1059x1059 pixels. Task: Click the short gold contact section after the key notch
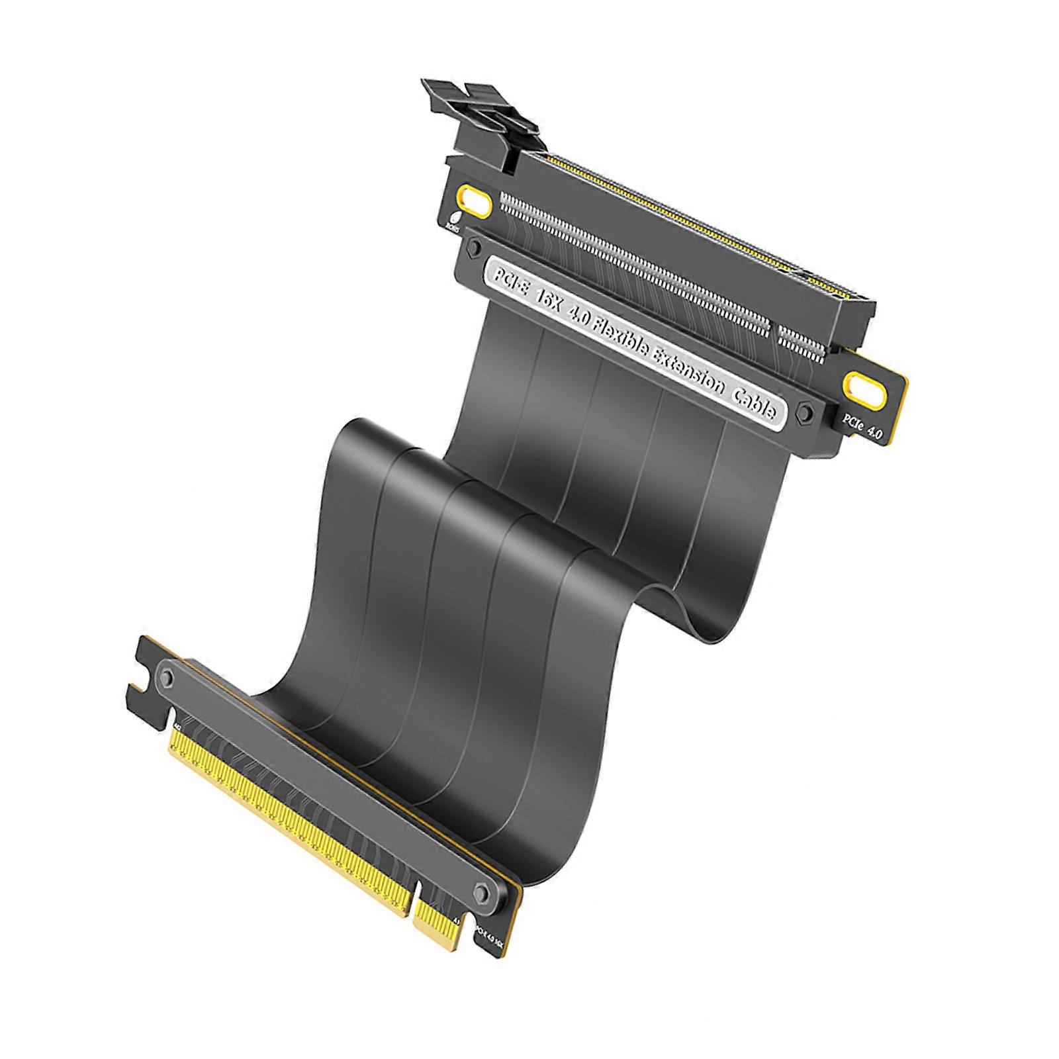click(437, 927)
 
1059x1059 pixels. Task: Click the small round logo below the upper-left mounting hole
click(455, 220)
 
